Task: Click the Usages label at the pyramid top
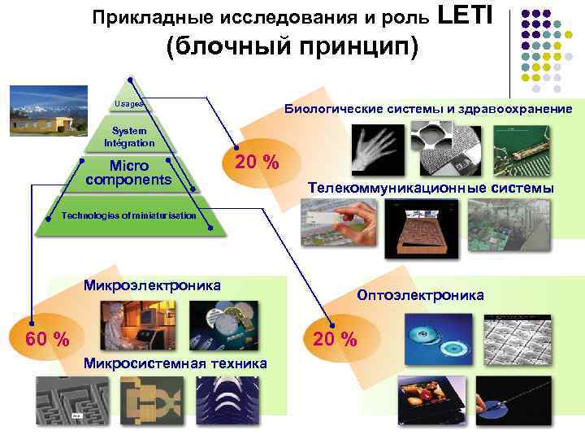[129, 104]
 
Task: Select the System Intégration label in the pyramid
[129, 137]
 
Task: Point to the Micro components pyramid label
[130, 172]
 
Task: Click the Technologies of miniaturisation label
[129, 215]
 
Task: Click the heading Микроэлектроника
[152, 285]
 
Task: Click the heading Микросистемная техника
[175, 363]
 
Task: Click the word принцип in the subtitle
[353, 46]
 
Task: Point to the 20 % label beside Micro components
[257, 163]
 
